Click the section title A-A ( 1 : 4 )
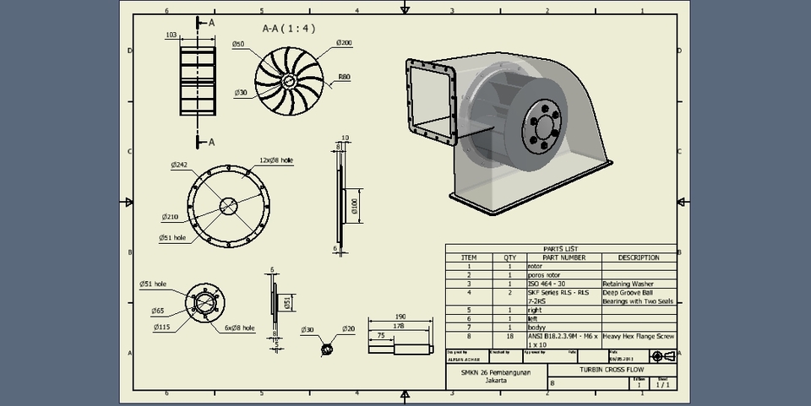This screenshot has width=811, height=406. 289,28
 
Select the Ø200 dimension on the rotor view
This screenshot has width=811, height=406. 344,43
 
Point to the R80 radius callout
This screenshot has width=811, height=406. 344,77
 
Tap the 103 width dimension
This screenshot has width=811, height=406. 171,35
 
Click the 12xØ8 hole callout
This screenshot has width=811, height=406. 277,160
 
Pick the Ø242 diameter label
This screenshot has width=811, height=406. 179,165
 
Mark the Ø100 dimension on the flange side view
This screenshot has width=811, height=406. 356,205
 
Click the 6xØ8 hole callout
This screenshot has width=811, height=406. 239,328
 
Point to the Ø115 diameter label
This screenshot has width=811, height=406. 162,327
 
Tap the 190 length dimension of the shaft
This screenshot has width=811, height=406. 400,317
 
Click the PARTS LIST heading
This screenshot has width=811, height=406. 561,249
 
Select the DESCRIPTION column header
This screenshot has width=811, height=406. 638,257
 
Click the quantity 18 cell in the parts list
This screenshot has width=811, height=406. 509,337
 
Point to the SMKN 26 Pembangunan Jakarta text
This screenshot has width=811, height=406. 497,376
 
